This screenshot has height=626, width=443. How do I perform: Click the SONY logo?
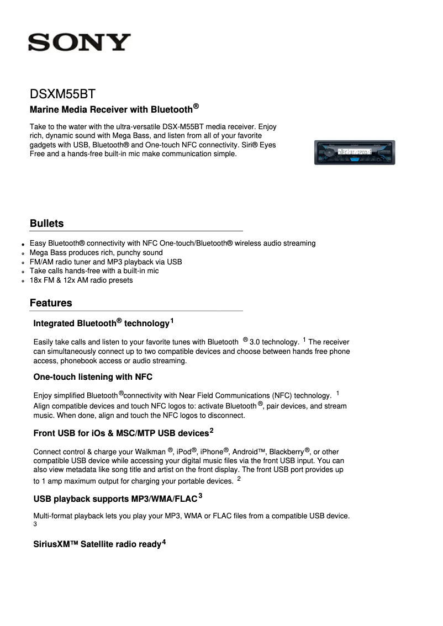coord(80,43)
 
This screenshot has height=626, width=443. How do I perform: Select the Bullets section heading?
coord(47,224)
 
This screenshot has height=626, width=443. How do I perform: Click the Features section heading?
coord(51,303)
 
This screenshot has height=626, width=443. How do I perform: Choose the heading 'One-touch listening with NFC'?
coord(93,377)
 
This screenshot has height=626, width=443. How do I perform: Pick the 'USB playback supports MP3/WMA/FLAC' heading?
coord(115,499)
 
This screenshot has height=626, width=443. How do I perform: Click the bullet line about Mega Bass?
coord(96,253)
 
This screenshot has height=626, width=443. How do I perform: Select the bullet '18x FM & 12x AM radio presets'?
coord(81,280)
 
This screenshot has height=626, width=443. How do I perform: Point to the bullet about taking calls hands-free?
coord(94,271)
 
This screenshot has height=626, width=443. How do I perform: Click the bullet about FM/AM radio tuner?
coord(106,262)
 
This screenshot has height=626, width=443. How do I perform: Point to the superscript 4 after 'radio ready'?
coord(164,542)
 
